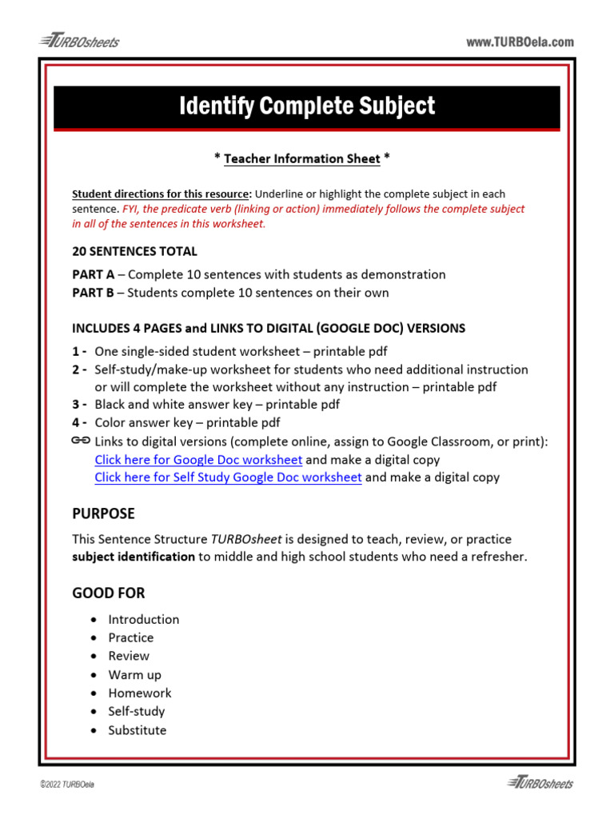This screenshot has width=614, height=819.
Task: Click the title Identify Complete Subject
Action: click(307, 106)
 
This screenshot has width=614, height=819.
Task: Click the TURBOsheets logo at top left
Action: click(78, 42)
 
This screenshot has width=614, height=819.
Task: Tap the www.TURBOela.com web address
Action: click(520, 42)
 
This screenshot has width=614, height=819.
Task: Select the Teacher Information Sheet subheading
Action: click(302, 158)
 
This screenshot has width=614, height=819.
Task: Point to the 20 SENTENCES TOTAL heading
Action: click(134, 251)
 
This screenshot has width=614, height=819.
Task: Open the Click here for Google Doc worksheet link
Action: click(198, 459)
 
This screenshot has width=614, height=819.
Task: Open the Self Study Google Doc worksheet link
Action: click(228, 477)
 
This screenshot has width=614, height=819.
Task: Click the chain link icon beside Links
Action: click(80, 441)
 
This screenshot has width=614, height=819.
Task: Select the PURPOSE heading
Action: click(104, 513)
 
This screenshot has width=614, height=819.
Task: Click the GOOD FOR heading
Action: click(109, 593)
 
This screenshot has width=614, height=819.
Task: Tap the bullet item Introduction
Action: click(144, 619)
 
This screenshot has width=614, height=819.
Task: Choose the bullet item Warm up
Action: click(134, 674)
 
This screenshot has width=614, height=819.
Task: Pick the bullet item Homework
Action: click(140, 693)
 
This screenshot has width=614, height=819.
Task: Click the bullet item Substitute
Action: click(138, 729)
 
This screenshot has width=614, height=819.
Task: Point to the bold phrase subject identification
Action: click(134, 557)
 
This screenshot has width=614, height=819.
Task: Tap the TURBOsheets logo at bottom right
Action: click(540, 783)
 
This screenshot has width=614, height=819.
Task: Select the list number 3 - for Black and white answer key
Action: click(80, 405)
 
